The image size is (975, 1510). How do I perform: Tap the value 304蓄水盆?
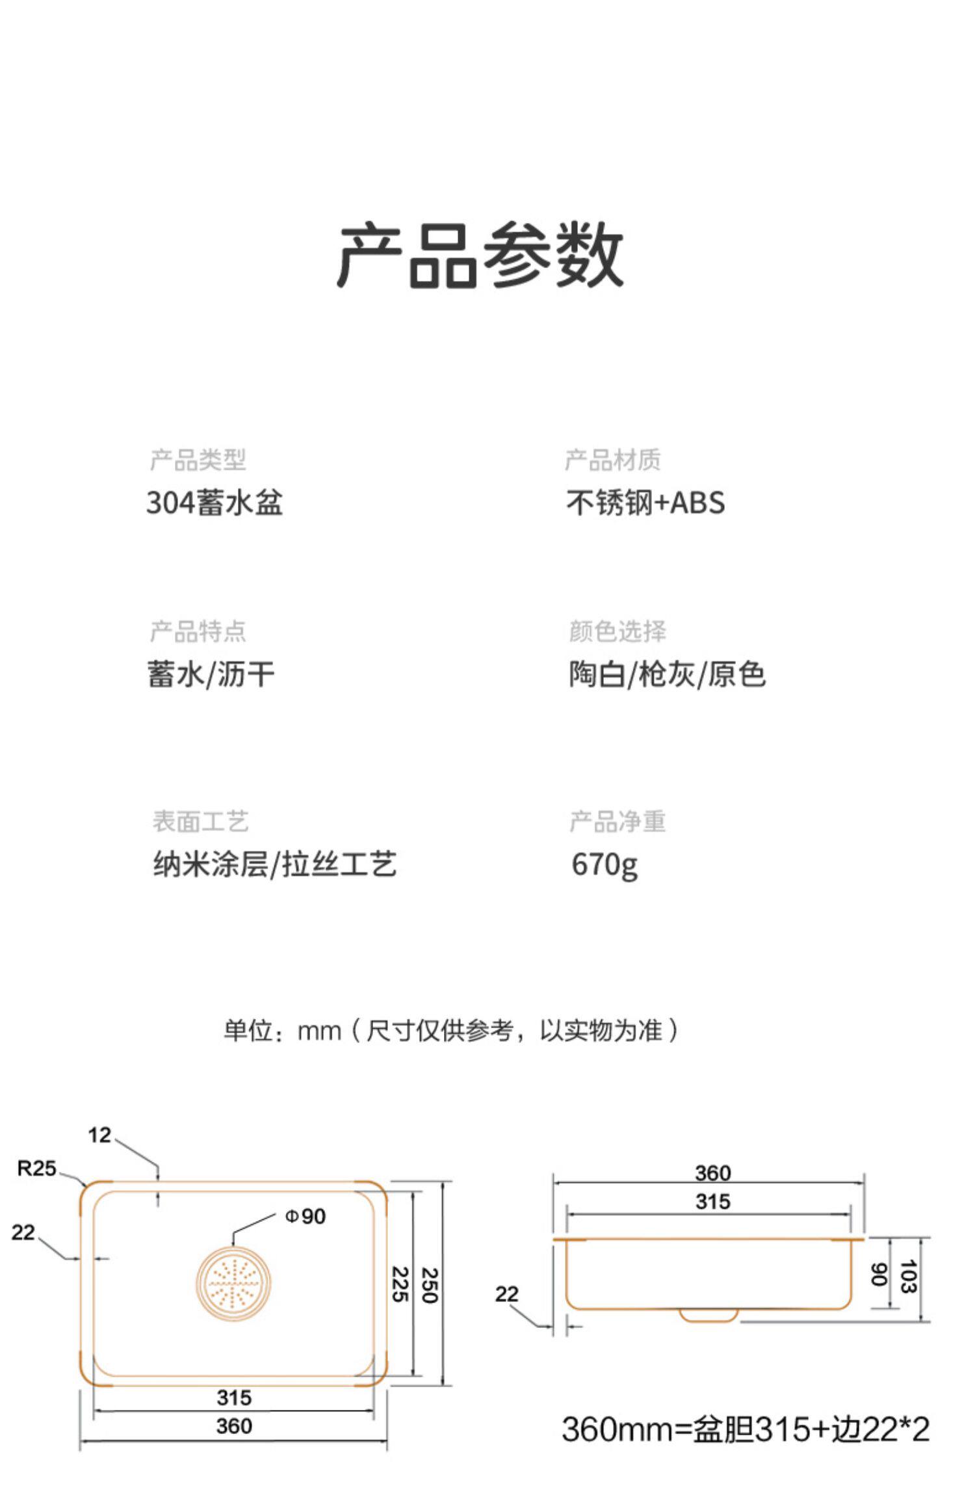214,503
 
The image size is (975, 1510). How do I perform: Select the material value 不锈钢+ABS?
645,503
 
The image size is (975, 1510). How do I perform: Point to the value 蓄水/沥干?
211,674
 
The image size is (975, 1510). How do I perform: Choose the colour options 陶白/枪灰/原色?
667,674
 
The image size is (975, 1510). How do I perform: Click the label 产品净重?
617,821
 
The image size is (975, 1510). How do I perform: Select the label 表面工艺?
200,821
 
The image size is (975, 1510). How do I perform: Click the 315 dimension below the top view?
234,1397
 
